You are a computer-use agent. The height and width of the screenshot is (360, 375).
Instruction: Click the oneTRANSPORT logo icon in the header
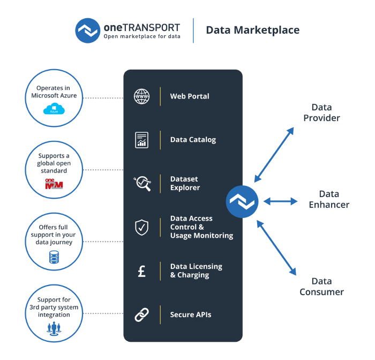88,31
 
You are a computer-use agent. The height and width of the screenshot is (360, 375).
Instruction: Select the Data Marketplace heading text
253,31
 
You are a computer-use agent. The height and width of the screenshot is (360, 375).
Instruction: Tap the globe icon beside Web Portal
142,96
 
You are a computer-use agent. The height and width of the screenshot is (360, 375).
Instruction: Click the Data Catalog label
193,140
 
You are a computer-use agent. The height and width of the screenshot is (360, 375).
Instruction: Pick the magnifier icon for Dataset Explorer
142,183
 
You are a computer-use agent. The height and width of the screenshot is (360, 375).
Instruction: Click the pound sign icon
142,271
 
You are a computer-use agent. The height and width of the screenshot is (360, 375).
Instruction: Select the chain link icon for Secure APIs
142,315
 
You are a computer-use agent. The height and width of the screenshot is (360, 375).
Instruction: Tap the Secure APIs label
191,315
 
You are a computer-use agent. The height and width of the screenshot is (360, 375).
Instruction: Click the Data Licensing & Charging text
196,271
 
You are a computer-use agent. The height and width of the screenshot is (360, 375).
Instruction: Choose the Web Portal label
190,96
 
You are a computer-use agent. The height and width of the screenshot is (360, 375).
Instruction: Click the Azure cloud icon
54,109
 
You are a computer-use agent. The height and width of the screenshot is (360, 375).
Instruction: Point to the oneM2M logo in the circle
54,184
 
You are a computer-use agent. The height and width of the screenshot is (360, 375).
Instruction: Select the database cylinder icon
54,257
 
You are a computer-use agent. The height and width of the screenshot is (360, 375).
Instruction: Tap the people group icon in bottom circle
54,328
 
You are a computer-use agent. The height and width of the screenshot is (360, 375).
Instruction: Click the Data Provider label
321,113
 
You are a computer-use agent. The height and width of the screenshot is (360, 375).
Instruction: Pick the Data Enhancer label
329,199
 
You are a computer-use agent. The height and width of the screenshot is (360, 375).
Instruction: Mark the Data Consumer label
321,287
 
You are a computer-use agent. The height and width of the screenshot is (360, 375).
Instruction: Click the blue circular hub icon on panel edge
242,201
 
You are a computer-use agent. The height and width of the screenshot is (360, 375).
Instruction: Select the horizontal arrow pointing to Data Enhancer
280,201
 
